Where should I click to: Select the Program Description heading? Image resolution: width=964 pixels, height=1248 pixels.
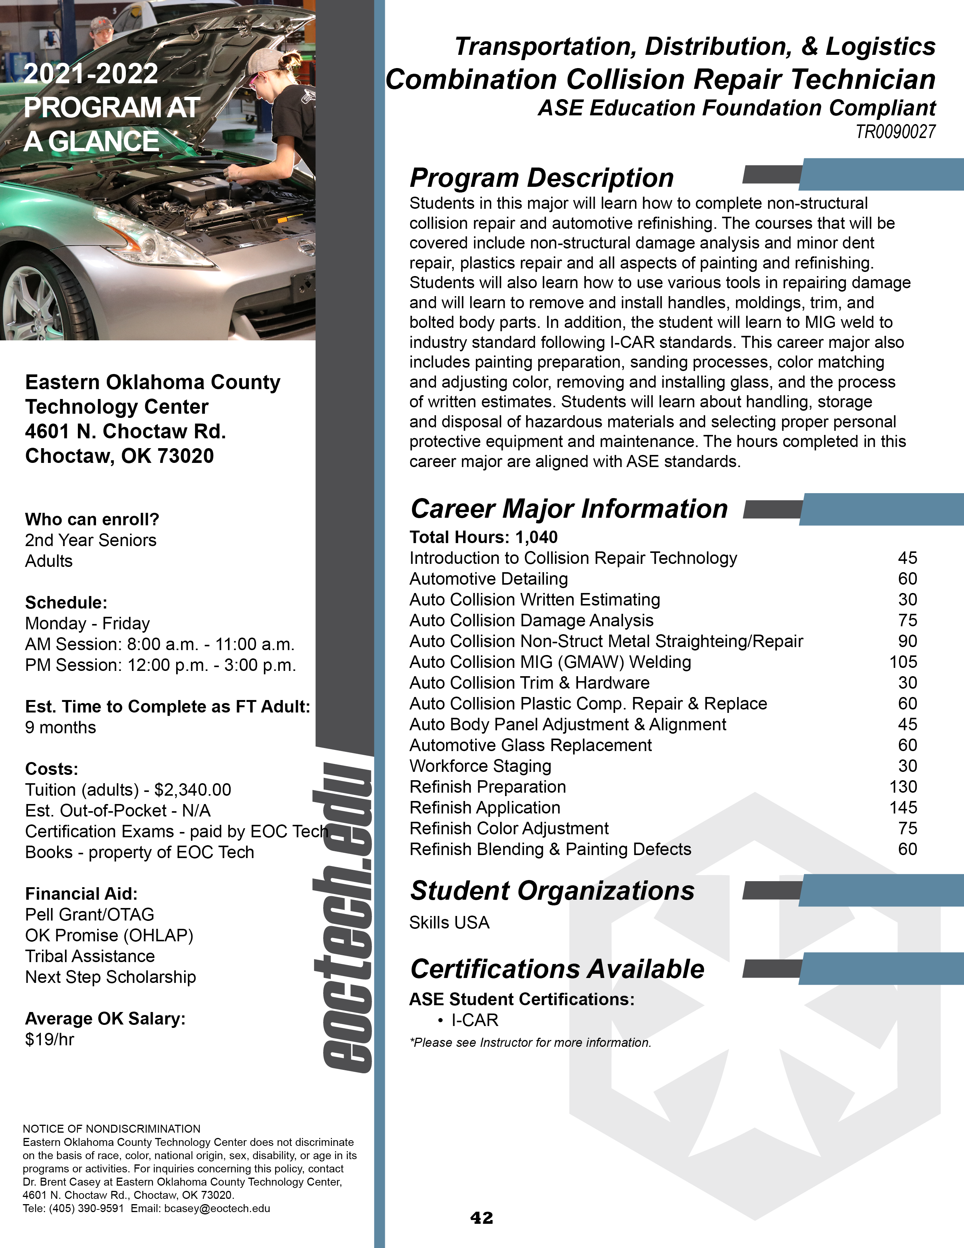tap(541, 178)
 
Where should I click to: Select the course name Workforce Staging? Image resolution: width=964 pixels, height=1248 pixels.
tap(480, 766)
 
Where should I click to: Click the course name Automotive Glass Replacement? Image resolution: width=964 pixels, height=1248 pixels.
tap(530, 745)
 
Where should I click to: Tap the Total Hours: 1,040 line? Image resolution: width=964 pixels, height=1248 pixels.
tap(483, 537)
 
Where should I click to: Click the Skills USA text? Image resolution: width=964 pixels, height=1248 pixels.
tap(449, 922)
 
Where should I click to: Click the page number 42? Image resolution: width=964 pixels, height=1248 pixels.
tap(481, 1218)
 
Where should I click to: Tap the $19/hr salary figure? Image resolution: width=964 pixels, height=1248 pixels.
tap(50, 1039)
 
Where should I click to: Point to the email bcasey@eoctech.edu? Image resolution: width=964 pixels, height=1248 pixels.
tap(217, 1209)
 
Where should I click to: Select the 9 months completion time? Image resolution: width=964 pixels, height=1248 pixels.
tap(60, 727)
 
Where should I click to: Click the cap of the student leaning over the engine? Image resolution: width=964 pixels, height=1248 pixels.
tap(263, 62)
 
